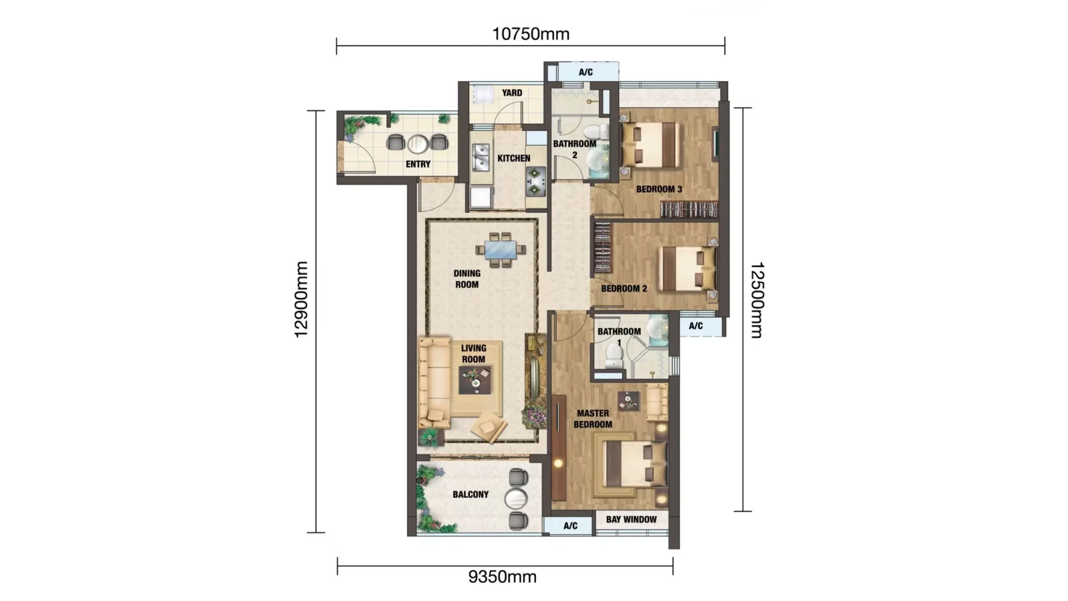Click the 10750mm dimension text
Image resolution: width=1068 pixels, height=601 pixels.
pyautogui.click(x=531, y=34)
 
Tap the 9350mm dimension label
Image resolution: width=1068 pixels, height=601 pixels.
pyautogui.click(x=503, y=577)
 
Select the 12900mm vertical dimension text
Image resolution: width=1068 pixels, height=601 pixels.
pyautogui.click(x=302, y=299)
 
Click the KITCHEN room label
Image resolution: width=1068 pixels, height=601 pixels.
pyautogui.click(x=513, y=159)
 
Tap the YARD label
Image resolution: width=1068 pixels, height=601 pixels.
pyautogui.click(x=512, y=93)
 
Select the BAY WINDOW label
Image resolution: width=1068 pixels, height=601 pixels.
pyautogui.click(x=631, y=519)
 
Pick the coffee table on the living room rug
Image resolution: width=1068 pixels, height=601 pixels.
pyautogui.click(x=475, y=381)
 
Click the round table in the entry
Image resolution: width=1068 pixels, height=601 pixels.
pyautogui.click(x=418, y=143)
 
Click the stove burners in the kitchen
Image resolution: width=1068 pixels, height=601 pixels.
pyautogui.click(x=535, y=181)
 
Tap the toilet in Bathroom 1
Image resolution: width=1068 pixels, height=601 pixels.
pyautogui.click(x=614, y=356)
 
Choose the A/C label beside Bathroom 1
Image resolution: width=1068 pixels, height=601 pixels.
pyautogui.click(x=695, y=326)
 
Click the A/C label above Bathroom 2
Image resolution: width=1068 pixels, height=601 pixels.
pyautogui.click(x=586, y=72)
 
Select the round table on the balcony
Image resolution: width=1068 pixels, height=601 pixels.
pyautogui.click(x=516, y=499)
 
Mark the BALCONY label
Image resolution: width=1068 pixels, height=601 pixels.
pyautogui.click(x=470, y=495)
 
